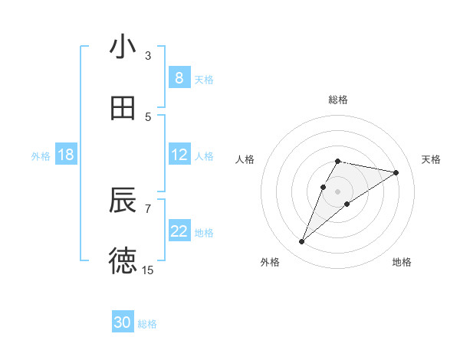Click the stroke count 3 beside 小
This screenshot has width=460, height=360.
click(148, 55)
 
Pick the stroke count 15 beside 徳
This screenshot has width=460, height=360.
click(148, 270)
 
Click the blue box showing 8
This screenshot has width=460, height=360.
click(179, 78)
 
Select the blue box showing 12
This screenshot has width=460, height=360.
click(179, 155)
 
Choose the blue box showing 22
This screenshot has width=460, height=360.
click(179, 231)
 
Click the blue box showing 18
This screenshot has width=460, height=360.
click(66, 155)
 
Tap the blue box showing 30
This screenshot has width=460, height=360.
click(123, 322)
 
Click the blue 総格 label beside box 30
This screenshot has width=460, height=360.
click(147, 324)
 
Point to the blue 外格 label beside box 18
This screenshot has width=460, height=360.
click(41, 156)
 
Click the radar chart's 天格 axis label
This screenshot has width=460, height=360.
click(431, 159)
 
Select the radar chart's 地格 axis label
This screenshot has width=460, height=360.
click(402, 262)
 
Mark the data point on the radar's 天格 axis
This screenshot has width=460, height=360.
click(396, 172)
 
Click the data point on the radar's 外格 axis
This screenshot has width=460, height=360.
click(301, 242)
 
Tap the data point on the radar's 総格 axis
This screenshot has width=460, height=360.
click(337, 161)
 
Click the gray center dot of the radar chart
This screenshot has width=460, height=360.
click(337, 191)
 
